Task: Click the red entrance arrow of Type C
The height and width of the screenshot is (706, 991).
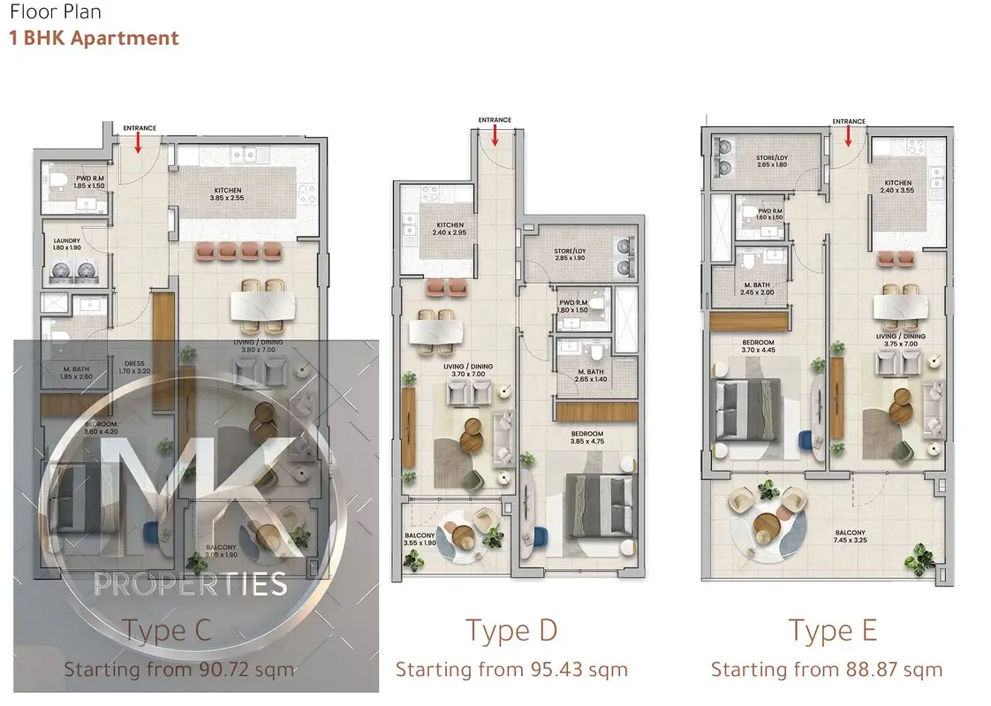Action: click(x=139, y=142)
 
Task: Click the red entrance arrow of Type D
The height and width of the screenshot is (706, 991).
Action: click(x=495, y=134)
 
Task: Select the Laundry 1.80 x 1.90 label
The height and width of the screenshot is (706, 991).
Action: click(x=67, y=244)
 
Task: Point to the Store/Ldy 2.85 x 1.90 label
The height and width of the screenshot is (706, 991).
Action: click(x=570, y=254)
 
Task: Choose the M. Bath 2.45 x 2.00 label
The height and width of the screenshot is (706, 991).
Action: click(x=756, y=289)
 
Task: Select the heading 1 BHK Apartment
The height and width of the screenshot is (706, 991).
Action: click(x=95, y=39)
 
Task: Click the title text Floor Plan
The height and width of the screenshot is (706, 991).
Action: click(x=56, y=12)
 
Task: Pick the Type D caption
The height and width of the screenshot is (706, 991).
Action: click(x=511, y=631)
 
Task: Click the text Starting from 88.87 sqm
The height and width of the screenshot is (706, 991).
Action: click(x=827, y=670)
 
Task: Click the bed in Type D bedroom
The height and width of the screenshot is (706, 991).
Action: click(x=601, y=506)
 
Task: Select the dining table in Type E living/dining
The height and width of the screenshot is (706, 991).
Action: click(x=901, y=307)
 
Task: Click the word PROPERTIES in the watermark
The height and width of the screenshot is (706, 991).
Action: click(x=191, y=584)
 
